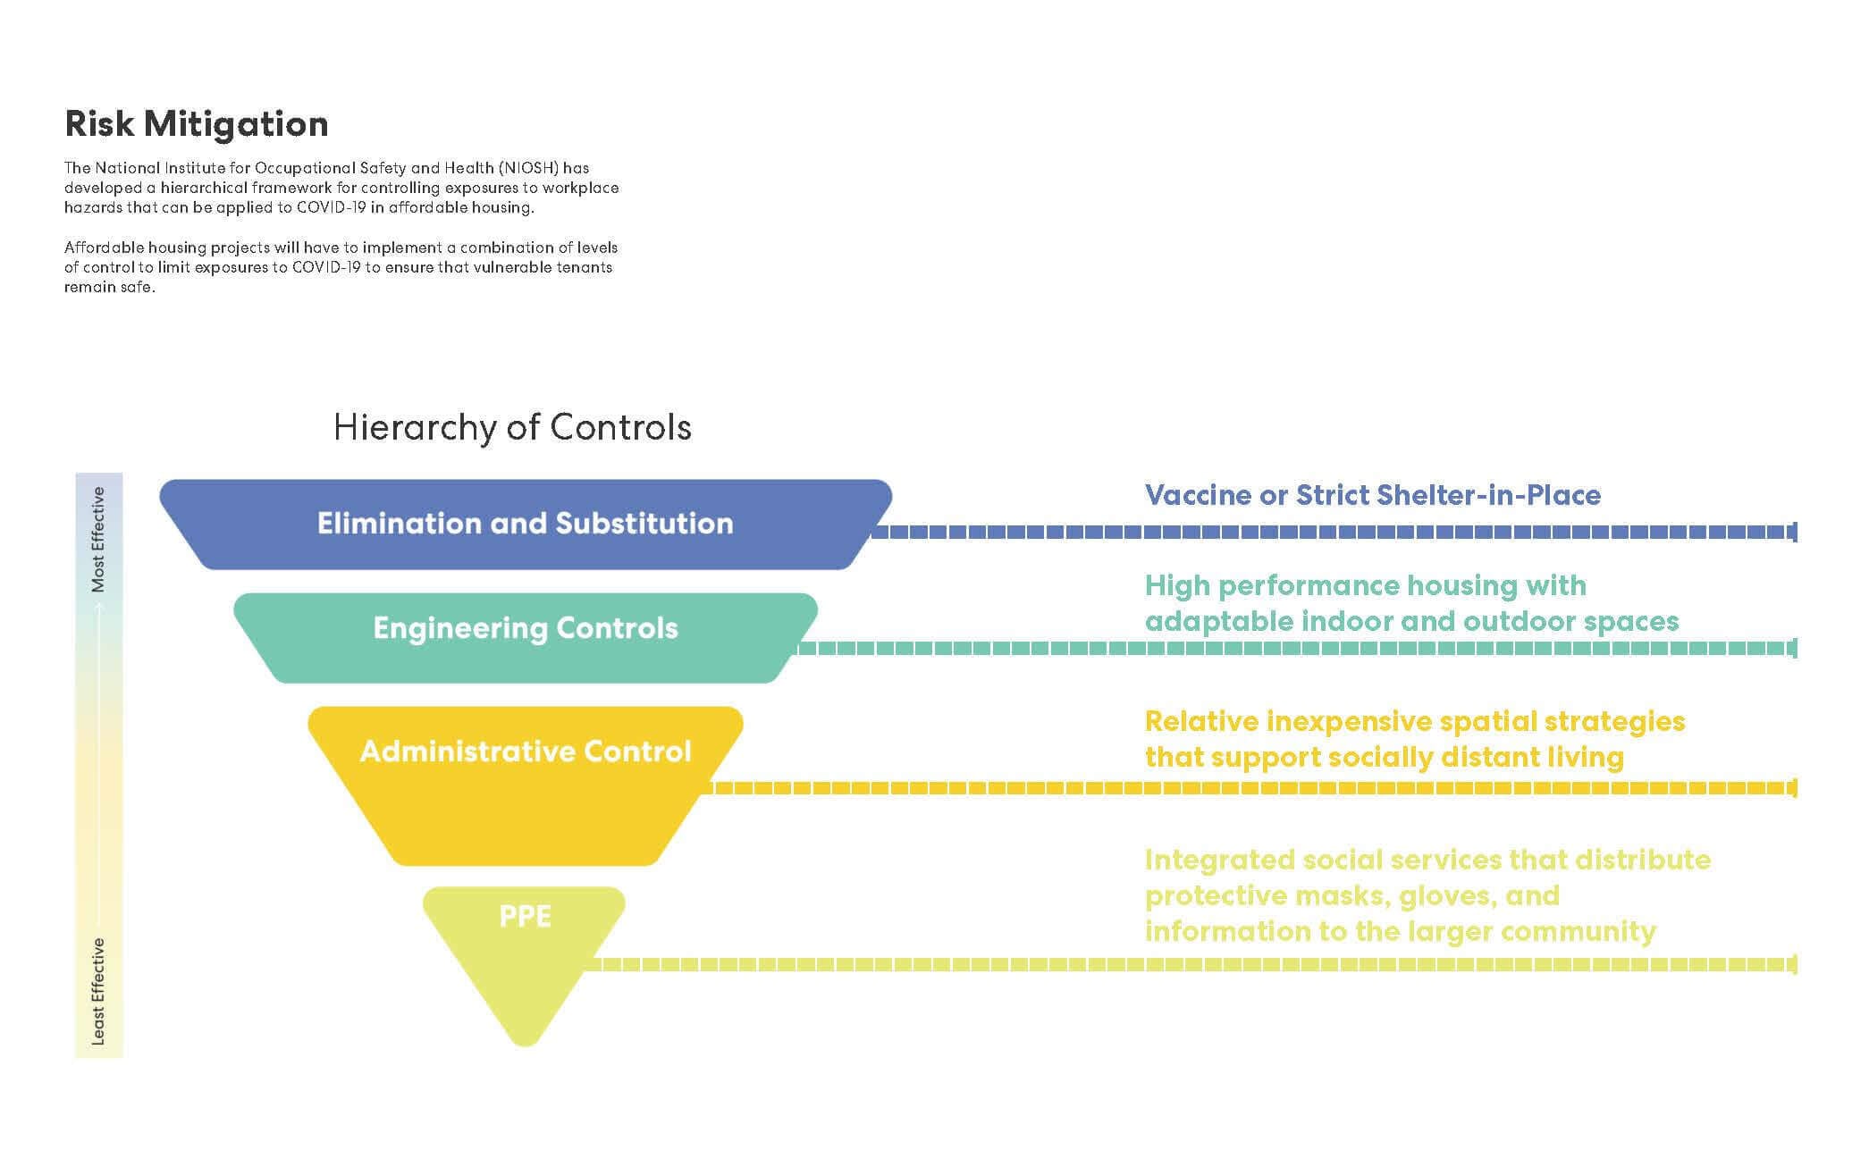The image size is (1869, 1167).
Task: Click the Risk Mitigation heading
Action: pos(197,125)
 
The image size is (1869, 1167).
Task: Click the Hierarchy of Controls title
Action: pos(512,427)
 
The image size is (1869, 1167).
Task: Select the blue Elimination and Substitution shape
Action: pos(526,525)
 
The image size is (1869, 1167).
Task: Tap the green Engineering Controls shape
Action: pos(526,638)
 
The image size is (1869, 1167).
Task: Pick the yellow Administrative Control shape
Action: pos(526,786)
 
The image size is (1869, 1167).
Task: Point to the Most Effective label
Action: pos(98,539)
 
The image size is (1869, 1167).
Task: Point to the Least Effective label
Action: pos(98,991)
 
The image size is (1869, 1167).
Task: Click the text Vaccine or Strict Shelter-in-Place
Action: pos(1373,495)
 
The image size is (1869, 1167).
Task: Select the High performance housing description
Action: pos(1412,603)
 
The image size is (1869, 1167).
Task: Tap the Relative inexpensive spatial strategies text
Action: pos(1415,739)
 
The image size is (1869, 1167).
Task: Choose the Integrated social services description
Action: pos(1427,895)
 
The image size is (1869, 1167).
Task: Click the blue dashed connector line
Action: pos(1334,533)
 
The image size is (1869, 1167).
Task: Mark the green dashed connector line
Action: pos(1296,649)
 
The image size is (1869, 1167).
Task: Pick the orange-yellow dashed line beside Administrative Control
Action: pos(1250,788)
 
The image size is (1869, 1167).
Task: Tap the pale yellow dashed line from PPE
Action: pos(1191,964)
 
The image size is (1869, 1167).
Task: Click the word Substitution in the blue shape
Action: pos(644,524)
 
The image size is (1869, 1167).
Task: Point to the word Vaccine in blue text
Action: pos(1198,495)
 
